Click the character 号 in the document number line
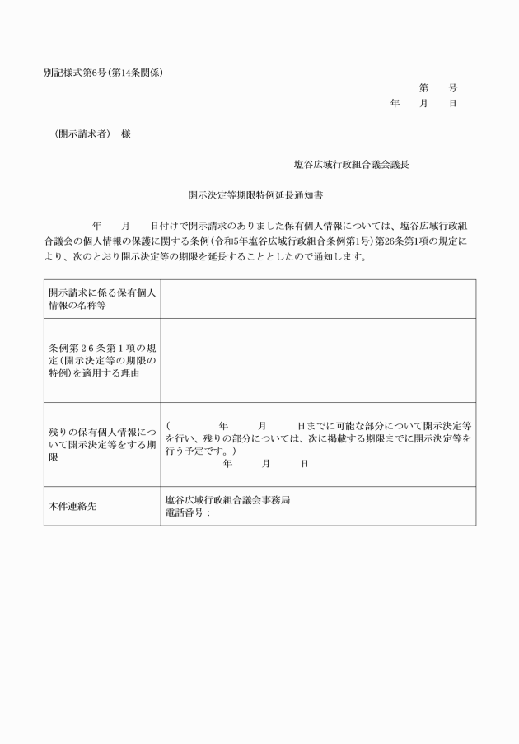pos(452,87)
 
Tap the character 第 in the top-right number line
pos(423,87)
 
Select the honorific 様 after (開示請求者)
pos(125,133)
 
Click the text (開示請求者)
pos(81,133)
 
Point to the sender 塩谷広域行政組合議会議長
pos(352,165)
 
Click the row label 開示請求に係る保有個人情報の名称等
pos(101,298)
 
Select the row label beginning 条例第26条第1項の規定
pos(101,360)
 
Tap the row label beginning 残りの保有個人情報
pos(101,445)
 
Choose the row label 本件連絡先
pos(72,506)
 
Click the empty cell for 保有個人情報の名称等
pos(317,298)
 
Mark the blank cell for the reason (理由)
pos(317,360)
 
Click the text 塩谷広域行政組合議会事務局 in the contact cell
pos(227,500)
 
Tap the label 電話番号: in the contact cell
pos(189,512)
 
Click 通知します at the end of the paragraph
pos(339,256)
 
